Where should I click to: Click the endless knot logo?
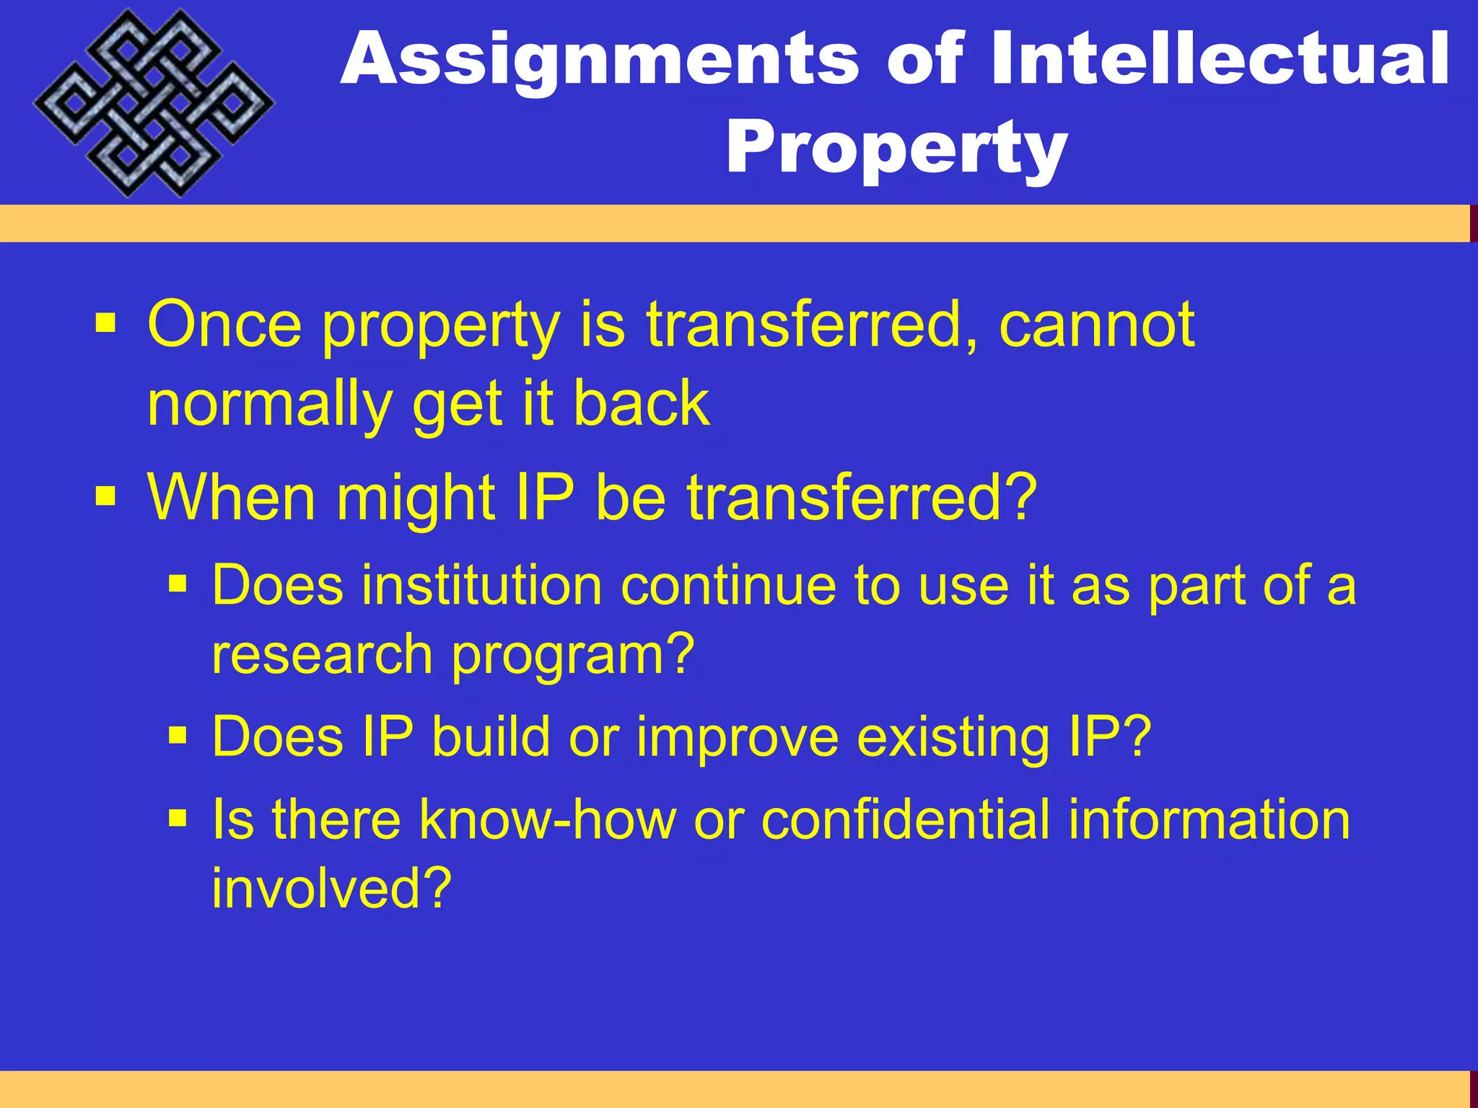coord(154,103)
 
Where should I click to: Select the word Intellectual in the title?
coord(1219,59)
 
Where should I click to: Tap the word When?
coord(231,498)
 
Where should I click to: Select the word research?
coord(322,655)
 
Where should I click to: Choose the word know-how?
coord(548,821)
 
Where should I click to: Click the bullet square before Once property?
coord(105,324)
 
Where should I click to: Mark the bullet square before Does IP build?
coord(178,736)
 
